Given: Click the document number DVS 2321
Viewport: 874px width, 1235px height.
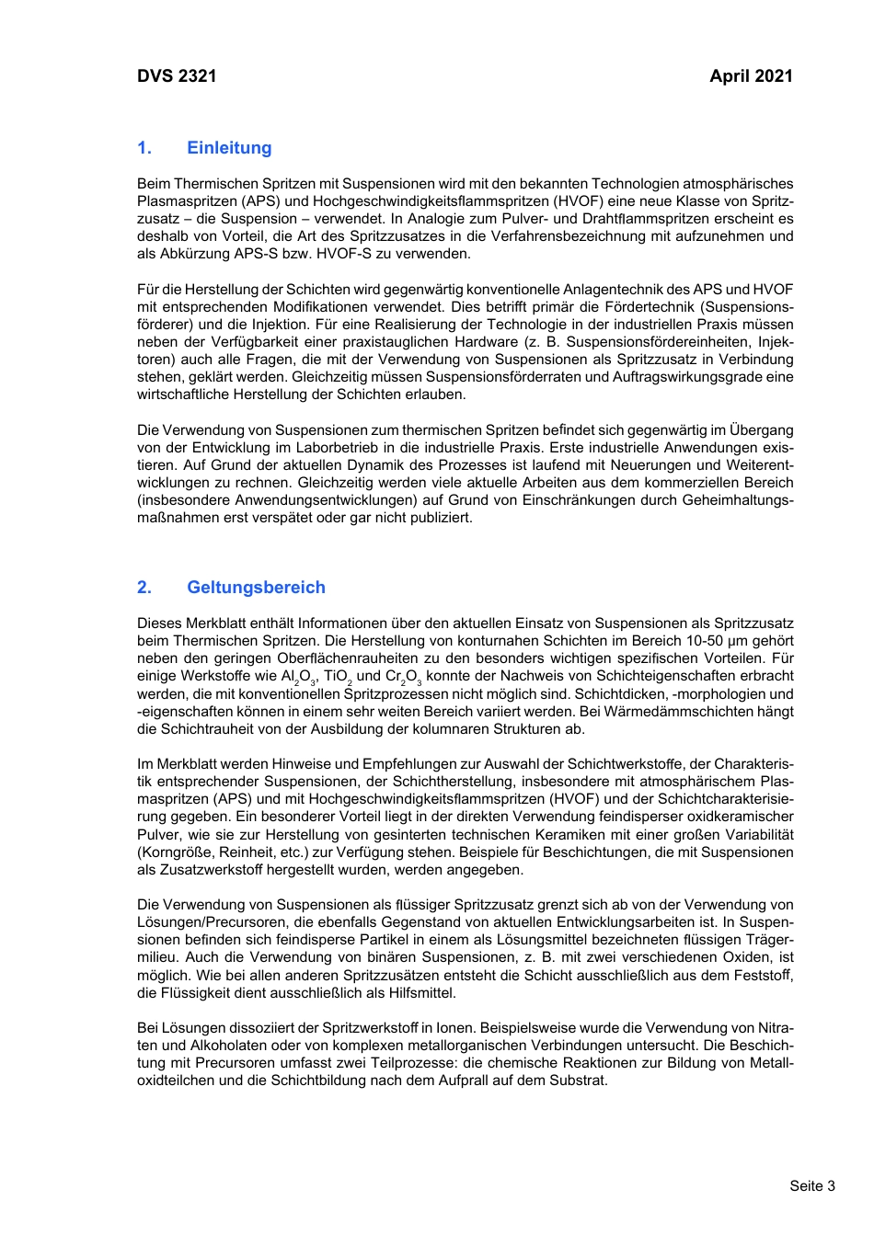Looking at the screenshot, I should pyautogui.click(x=177, y=76).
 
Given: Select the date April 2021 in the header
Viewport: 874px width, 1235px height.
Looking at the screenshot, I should pyautogui.click(x=751, y=76).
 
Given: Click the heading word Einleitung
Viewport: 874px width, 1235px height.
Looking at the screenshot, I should pyautogui.click(x=229, y=148).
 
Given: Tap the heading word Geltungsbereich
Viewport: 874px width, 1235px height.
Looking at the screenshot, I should pyautogui.click(x=256, y=588).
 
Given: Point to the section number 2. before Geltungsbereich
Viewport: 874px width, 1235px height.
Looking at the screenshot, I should pyautogui.click(x=144, y=588).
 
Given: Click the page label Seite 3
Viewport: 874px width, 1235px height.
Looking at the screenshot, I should pyautogui.click(x=812, y=1185).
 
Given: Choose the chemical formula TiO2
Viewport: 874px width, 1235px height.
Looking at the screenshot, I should pyautogui.click(x=338, y=677).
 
